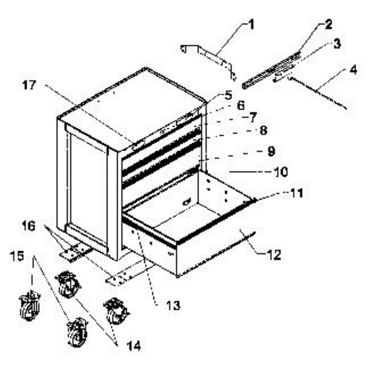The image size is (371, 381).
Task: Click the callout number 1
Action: [x=251, y=25]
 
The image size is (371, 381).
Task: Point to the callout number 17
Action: [x=30, y=85]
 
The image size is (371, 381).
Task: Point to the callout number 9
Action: [x=271, y=151]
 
